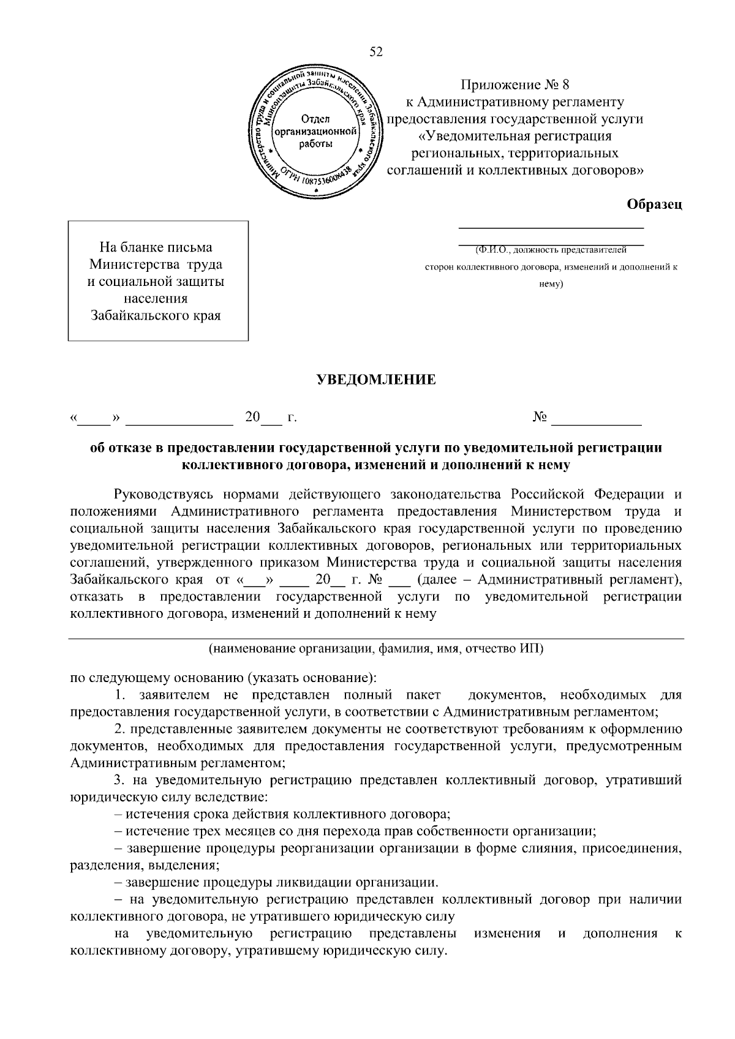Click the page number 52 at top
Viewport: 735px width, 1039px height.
click(x=376, y=53)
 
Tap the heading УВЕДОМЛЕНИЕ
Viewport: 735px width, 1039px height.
click(x=375, y=380)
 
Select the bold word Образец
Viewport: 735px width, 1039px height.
click(x=654, y=204)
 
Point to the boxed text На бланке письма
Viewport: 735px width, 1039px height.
click(x=156, y=247)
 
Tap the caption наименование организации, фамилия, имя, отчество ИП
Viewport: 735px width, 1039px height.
click(x=375, y=649)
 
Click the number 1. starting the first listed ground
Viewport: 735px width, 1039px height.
click(x=121, y=696)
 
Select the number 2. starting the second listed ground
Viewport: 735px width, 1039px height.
click(x=120, y=730)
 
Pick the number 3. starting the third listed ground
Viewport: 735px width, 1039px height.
click(x=120, y=781)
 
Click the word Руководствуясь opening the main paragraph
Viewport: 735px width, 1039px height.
click(x=162, y=493)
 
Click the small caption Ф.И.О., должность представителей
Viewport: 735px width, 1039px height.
click(x=551, y=250)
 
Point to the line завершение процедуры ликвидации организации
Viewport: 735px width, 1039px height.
click(x=282, y=882)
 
